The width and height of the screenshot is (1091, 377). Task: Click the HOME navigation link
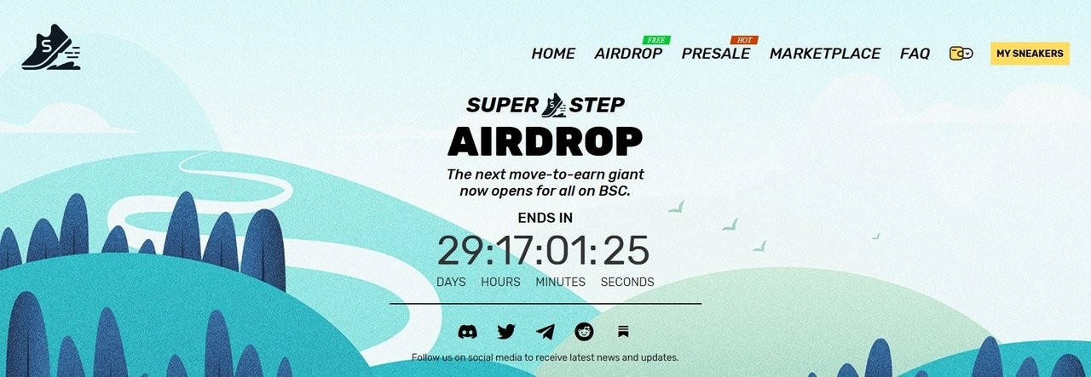pyautogui.click(x=553, y=54)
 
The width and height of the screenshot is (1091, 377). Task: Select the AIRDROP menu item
pyautogui.click(x=628, y=54)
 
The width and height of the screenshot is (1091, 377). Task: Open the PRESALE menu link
pyautogui.click(x=715, y=54)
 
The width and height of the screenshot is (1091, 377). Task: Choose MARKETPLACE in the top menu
pyautogui.click(x=825, y=54)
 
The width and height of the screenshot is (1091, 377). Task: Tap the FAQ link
pyautogui.click(x=915, y=54)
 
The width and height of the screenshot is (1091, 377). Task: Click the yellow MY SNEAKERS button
pyautogui.click(x=1030, y=54)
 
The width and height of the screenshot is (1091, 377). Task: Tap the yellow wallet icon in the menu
pyautogui.click(x=961, y=54)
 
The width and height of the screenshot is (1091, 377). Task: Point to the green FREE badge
pyautogui.click(x=656, y=40)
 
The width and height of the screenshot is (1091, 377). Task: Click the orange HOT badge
pyautogui.click(x=744, y=40)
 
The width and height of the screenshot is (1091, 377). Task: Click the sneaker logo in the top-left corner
pyautogui.click(x=50, y=47)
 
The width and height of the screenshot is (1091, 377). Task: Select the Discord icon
pyautogui.click(x=468, y=332)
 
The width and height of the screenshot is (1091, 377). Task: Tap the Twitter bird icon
pyautogui.click(x=506, y=332)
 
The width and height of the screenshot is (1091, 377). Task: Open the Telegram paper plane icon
pyautogui.click(x=545, y=332)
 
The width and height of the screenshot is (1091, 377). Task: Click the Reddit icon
pyautogui.click(x=584, y=332)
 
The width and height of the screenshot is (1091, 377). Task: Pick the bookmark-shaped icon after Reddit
pyautogui.click(x=623, y=332)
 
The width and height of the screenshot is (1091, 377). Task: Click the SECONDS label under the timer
pyautogui.click(x=627, y=283)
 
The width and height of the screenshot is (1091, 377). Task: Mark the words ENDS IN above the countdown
pyautogui.click(x=545, y=218)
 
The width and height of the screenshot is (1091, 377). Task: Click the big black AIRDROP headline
pyautogui.click(x=545, y=141)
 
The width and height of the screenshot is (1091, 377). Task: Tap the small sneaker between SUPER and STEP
pyautogui.click(x=554, y=105)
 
